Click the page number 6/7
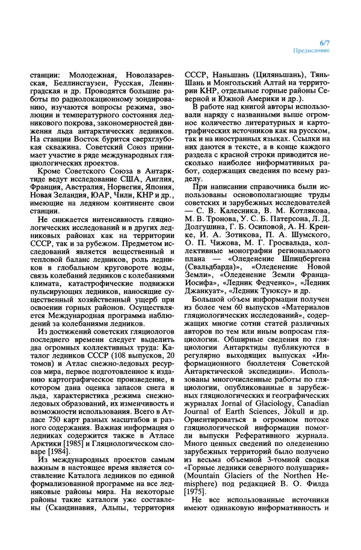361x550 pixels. click(x=326, y=43)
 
